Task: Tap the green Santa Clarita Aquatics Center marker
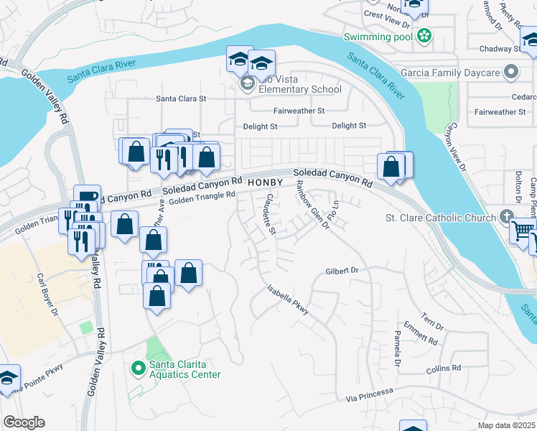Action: point(138,368)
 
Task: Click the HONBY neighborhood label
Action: point(266,183)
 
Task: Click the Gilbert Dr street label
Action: point(341,271)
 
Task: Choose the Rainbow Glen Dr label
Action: point(312,205)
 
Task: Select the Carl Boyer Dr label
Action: point(49,295)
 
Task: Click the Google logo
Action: point(24,422)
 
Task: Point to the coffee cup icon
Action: point(87,197)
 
